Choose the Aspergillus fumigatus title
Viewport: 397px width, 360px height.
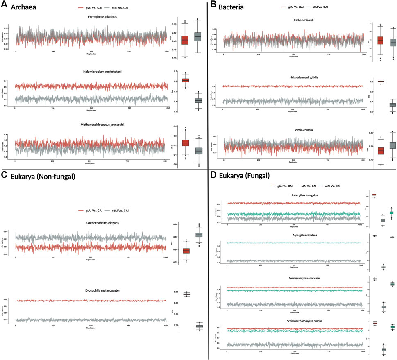click(x=294, y=196)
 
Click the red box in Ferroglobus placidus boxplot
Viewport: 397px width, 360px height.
click(x=185, y=40)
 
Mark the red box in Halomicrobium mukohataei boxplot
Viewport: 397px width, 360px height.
click(x=185, y=80)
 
